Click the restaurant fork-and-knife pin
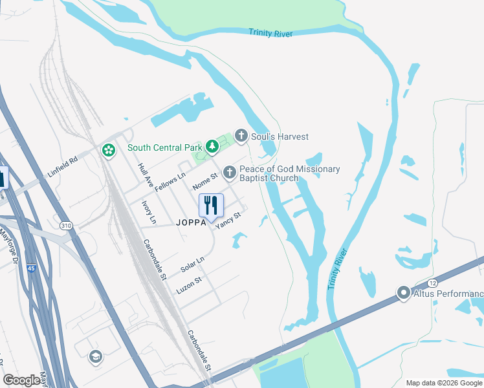(x=211, y=206)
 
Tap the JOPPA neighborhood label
(x=191, y=221)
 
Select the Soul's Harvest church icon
(x=241, y=136)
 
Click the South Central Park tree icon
(x=211, y=147)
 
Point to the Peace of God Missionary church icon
(x=228, y=172)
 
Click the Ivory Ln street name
(x=149, y=211)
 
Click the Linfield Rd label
(x=62, y=166)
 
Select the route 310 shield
(x=65, y=226)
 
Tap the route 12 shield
(x=432, y=283)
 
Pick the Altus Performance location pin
(x=404, y=294)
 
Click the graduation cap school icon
(x=96, y=356)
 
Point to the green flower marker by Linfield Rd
(x=108, y=151)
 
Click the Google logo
(x=21, y=380)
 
